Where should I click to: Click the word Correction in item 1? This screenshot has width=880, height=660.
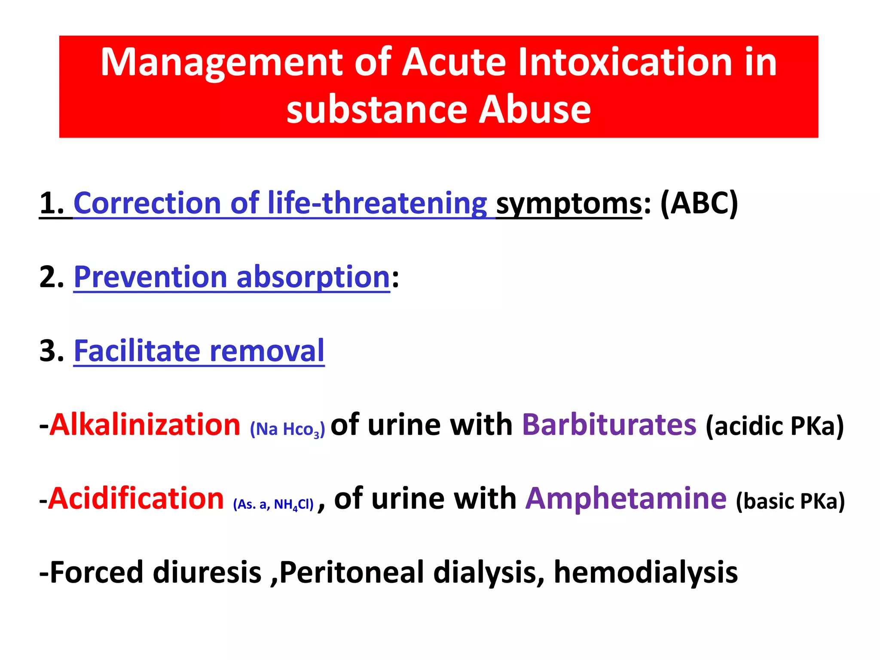point(147,203)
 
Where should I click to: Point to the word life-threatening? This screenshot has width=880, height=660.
point(377,203)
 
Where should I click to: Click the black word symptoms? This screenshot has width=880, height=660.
point(569,204)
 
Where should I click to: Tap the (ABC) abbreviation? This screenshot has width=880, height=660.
point(699,203)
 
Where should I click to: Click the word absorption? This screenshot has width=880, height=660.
point(313,277)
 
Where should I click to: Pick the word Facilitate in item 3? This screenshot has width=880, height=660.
point(137,351)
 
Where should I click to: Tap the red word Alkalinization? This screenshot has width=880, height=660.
point(145,425)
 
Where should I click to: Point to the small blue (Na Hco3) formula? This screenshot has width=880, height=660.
point(287,429)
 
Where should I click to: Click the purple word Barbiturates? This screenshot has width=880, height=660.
point(609,425)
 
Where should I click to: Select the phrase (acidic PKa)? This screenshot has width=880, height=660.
point(775,426)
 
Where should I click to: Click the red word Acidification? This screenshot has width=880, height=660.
point(136,498)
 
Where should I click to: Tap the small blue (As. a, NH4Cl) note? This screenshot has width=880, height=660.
point(273,504)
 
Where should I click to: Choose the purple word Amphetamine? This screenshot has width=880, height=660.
point(626,498)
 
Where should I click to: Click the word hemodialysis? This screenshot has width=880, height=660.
point(646,572)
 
